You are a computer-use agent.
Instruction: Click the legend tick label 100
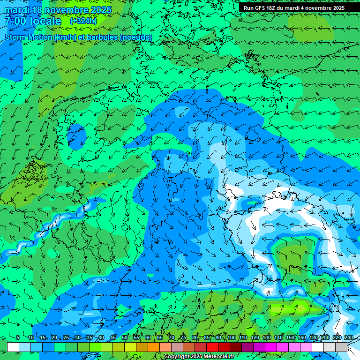(x=232, y=338)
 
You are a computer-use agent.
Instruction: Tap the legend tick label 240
(x=348, y=338)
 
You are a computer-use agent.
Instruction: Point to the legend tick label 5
(x=18, y=338)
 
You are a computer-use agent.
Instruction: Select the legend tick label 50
(x=125, y=338)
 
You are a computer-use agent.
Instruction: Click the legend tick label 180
(x=313, y=338)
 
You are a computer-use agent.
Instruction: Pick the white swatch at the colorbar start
(x=13, y=347)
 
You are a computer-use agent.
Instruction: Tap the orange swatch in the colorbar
(x=153, y=347)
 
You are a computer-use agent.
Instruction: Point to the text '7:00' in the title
(x=15, y=21)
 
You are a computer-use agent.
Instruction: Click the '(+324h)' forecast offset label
(x=83, y=21)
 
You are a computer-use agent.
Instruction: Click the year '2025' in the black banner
(x=337, y=8)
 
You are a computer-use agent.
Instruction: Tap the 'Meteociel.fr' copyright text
(x=216, y=357)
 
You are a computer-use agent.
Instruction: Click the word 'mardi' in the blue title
(x=16, y=10)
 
